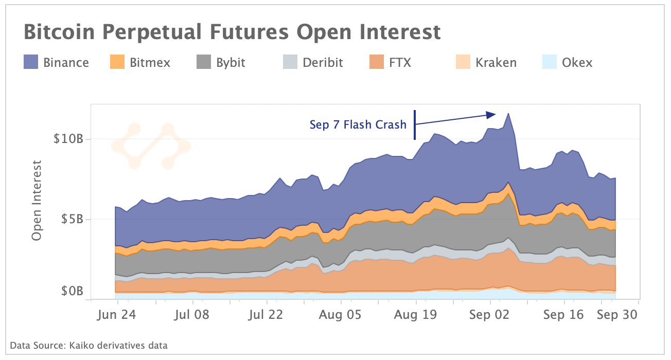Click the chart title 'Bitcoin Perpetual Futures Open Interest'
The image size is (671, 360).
(x=232, y=32)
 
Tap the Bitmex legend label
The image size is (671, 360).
(x=150, y=63)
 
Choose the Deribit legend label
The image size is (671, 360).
(x=323, y=63)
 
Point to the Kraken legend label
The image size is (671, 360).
(x=496, y=63)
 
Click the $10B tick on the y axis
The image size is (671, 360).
(x=68, y=139)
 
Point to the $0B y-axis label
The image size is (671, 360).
(x=72, y=292)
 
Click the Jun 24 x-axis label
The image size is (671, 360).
(x=116, y=315)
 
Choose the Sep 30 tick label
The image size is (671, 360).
(x=617, y=315)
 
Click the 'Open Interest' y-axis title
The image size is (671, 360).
(x=37, y=201)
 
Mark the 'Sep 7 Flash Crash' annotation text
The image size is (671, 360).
(x=358, y=124)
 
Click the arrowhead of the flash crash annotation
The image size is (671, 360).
(x=491, y=114)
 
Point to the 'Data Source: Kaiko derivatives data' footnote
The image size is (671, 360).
(x=89, y=345)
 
